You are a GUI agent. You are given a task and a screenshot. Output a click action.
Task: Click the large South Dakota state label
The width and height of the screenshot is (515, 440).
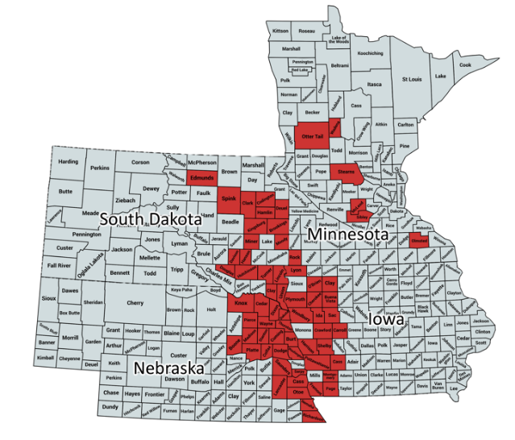coord(151,218)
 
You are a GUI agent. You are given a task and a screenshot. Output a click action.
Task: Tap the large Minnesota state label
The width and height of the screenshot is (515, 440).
coord(345,235)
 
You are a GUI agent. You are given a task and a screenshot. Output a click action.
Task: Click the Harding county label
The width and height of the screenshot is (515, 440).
coord(69,162)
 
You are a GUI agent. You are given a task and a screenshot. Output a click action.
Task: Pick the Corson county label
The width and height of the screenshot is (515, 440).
coord(141,162)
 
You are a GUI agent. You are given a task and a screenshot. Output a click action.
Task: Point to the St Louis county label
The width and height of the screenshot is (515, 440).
coord(408,80)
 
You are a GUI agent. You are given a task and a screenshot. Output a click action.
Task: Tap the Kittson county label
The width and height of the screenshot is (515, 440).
coord(280,31)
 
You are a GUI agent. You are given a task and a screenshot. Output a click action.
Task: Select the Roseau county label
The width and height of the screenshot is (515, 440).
coord(307,31)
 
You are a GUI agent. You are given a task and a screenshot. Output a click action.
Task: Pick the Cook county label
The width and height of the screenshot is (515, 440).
coord(465,64)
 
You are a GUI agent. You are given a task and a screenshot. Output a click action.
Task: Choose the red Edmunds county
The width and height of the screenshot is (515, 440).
coord(201,176)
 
